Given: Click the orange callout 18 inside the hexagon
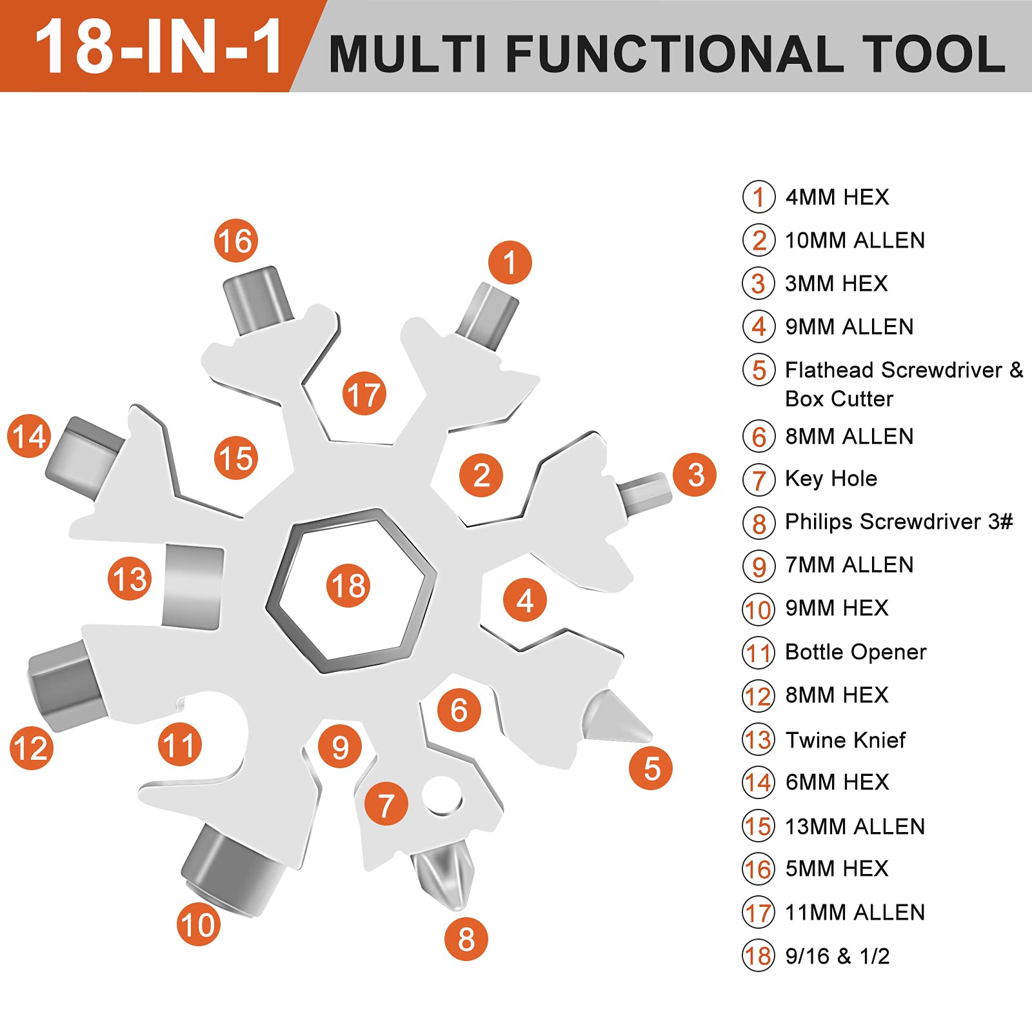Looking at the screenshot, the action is (348, 586).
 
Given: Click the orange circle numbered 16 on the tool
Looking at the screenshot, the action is (235, 241).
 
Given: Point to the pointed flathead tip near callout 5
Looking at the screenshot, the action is (615, 717).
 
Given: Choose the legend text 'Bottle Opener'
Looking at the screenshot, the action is (855, 652).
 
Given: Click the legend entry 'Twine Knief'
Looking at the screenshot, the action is (845, 740).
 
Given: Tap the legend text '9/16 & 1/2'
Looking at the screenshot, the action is (837, 956).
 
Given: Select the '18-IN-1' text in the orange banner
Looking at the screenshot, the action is (158, 47).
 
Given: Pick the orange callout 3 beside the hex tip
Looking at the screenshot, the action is (695, 475).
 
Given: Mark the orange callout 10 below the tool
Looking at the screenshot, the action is (199, 924).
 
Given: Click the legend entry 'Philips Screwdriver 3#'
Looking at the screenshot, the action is (898, 521).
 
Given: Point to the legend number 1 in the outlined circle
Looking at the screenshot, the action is (759, 197).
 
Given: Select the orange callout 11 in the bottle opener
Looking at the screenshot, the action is (179, 745).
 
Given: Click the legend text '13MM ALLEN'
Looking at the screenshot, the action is (855, 826).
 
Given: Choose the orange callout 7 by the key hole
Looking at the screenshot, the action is (386, 804).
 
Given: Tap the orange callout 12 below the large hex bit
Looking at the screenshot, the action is (31, 748).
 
